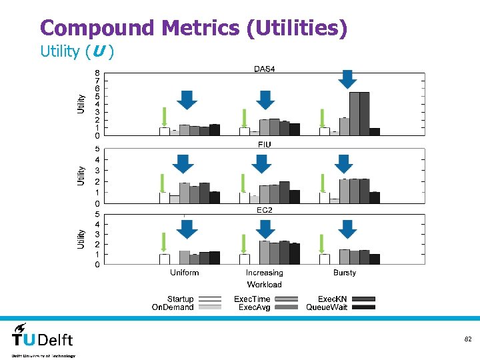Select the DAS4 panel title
click(264, 69)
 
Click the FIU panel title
click(264, 144)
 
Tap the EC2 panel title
click(265, 210)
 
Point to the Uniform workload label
click(185, 273)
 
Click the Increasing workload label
click(264, 273)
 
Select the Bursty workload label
click(345, 273)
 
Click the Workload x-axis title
click(264, 285)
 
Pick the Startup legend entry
click(180, 299)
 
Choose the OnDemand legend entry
click(173, 307)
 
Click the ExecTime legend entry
click(252, 299)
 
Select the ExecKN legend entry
click(331, 299)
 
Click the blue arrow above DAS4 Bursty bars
click(347, 79)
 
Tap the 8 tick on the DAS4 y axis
click(97, 73)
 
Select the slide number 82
click(468, 339)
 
